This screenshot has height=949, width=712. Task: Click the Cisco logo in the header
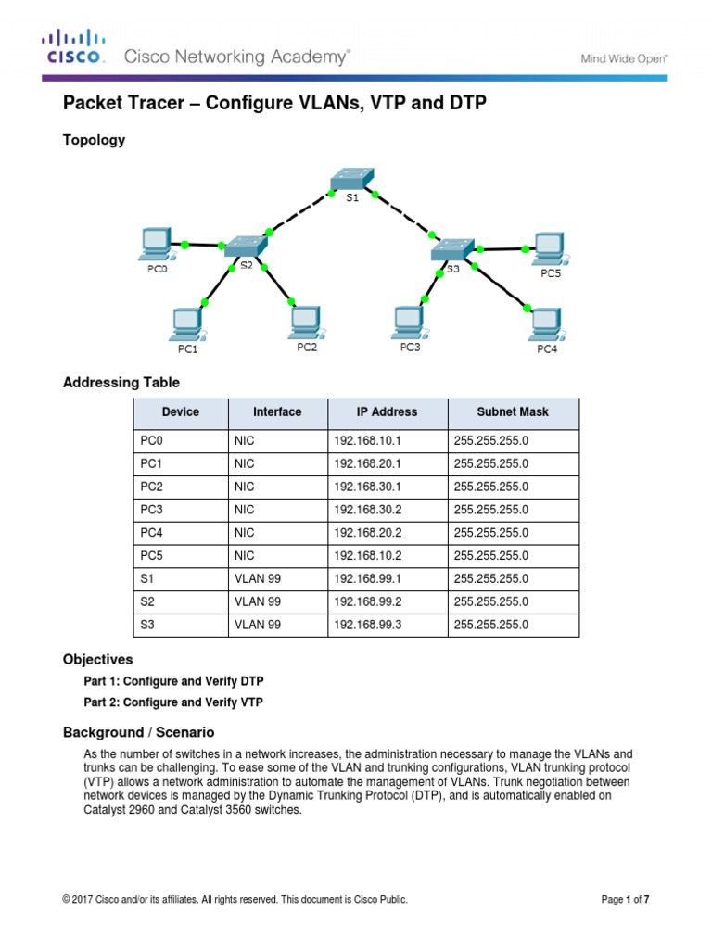[73, 47]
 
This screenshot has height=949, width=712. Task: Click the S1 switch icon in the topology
[351, 178]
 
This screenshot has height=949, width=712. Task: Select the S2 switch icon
[245, 246]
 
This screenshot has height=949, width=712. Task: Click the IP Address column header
[387, 412]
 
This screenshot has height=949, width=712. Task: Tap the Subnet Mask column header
[513, 412]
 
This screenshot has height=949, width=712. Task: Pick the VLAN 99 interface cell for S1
[259, 579]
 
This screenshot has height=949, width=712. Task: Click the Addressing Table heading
[121, 383]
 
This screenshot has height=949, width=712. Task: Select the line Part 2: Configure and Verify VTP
[173, 702]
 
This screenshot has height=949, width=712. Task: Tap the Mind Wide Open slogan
[625, 57]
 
